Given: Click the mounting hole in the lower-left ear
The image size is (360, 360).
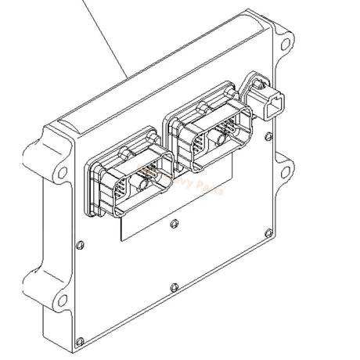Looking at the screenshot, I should pyautogui.click(x=39, y=298).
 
